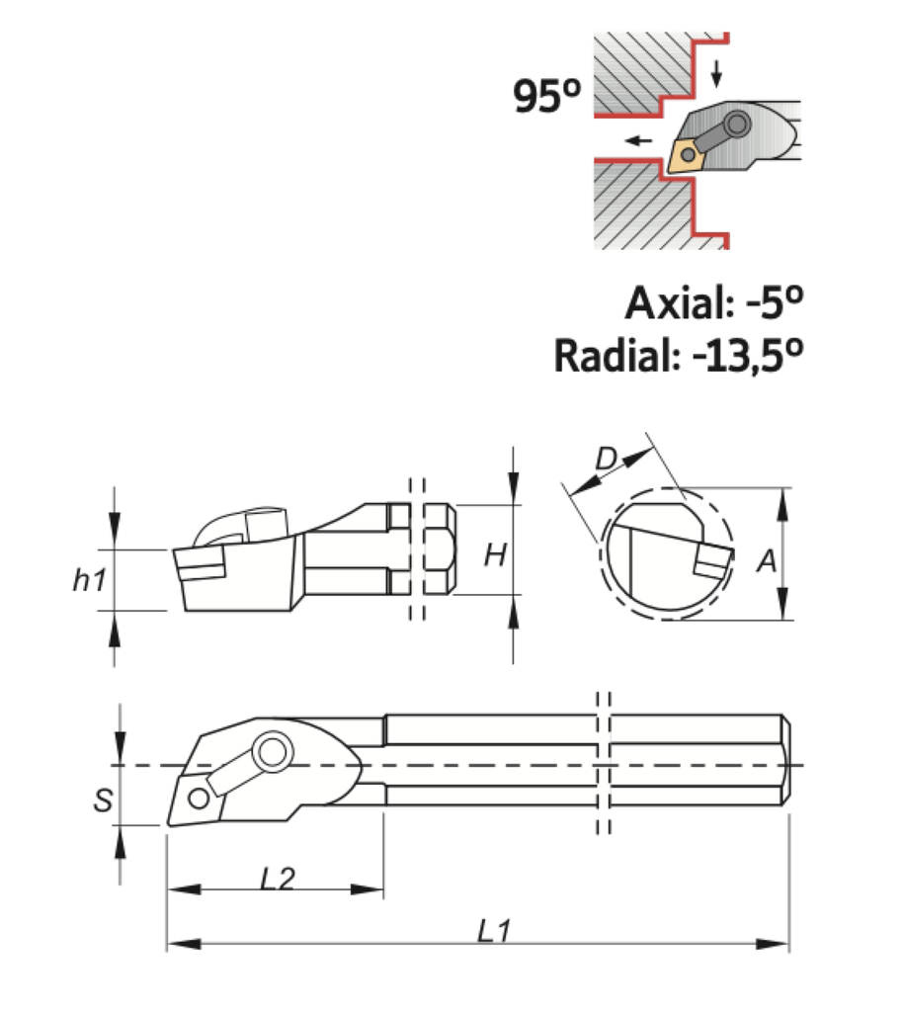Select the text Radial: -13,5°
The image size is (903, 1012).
pos(678,355)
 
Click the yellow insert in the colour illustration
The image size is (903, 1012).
pos(687,154)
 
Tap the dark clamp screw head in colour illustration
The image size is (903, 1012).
pos(736,125)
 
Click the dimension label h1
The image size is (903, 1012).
pos(89,581)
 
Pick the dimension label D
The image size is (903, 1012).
pos(607,457)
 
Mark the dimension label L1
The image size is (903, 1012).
pos(491,930)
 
